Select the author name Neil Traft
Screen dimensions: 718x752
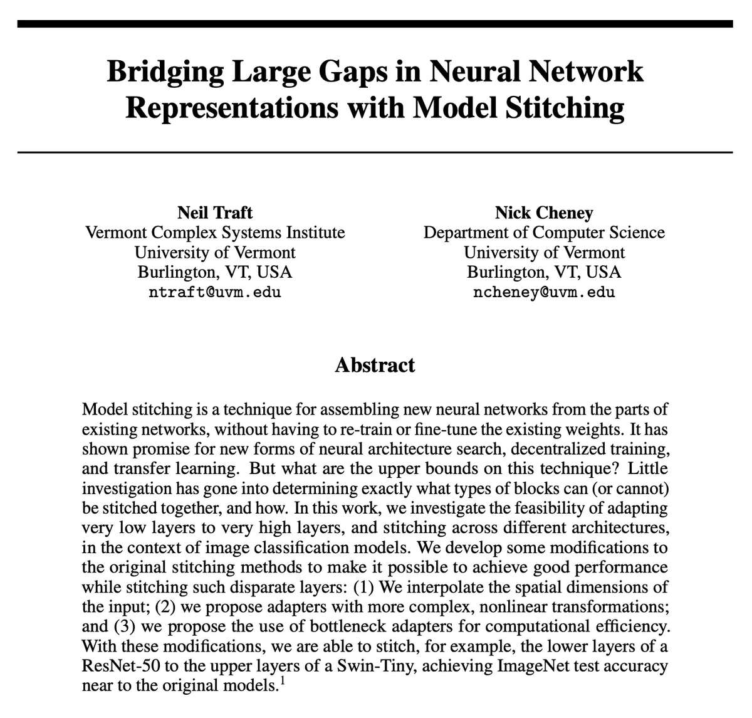(215, 213)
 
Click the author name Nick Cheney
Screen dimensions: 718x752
(543, 213)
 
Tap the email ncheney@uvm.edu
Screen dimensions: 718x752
(543, 292)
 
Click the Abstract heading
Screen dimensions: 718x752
(375, 365)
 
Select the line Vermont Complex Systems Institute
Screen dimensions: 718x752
(215, 233)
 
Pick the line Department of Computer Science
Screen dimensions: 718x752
(543, 233)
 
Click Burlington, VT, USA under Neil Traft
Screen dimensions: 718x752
(215, 272)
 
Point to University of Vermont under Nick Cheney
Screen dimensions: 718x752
(543, 253)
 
